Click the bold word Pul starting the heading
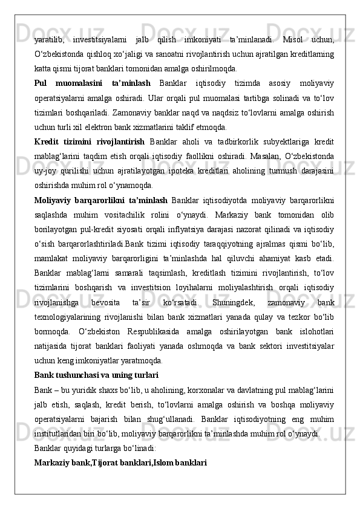[42, 83]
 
